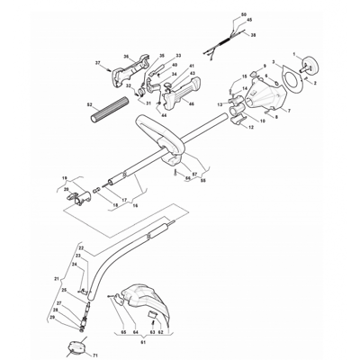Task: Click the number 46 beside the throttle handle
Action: (192, 105)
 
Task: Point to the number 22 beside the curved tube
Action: (81, 247)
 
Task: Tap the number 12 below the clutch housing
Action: (251, 128)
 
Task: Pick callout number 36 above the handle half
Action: (126, 56)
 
